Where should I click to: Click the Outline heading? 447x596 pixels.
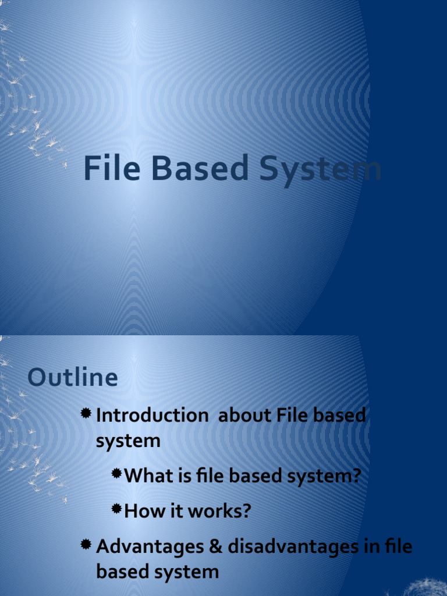(x=73, y=378)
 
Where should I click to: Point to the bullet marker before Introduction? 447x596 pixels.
(x=86, y=413)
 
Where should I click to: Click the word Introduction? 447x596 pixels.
(x=152, y=416)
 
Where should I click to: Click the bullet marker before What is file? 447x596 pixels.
(x=116, y=474)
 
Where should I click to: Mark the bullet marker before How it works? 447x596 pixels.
(x=116, y=509)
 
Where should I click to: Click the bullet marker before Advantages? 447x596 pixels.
(x=86, y=545)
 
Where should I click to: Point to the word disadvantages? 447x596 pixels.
(x=296, y=547)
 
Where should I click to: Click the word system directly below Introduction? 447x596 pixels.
(x=128, y=441)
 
